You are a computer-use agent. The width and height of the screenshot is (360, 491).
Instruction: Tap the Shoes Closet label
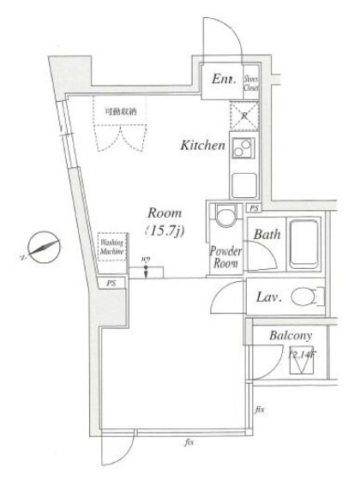click(252, 81)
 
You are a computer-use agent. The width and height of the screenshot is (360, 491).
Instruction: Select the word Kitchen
click(201, 146)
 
